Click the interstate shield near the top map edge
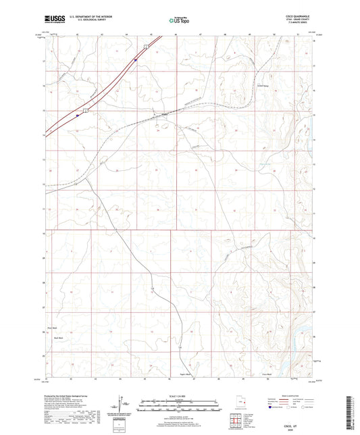point(144,45)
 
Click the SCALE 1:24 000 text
point(180,395)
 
